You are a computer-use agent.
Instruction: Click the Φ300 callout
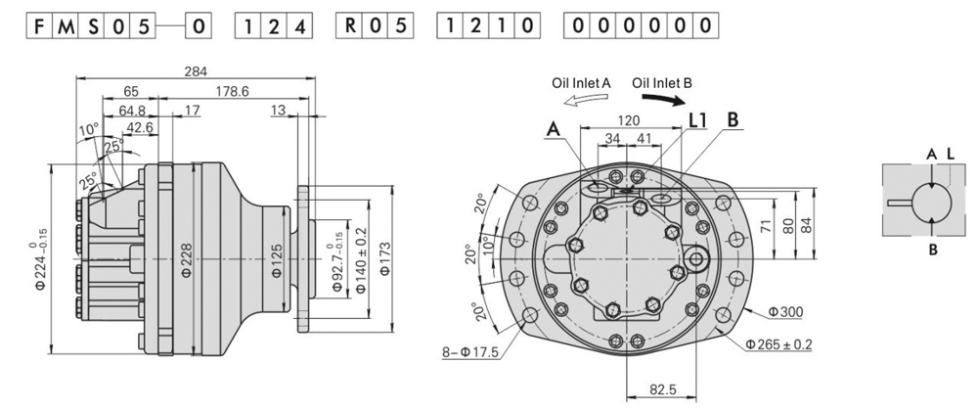tap(785, 312)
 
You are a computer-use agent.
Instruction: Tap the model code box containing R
tap(346, 25)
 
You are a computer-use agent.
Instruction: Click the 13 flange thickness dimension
tap(279, 111)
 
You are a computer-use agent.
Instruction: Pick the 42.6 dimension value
tap(138, 127)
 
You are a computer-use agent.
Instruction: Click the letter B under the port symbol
tap(933, 250)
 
